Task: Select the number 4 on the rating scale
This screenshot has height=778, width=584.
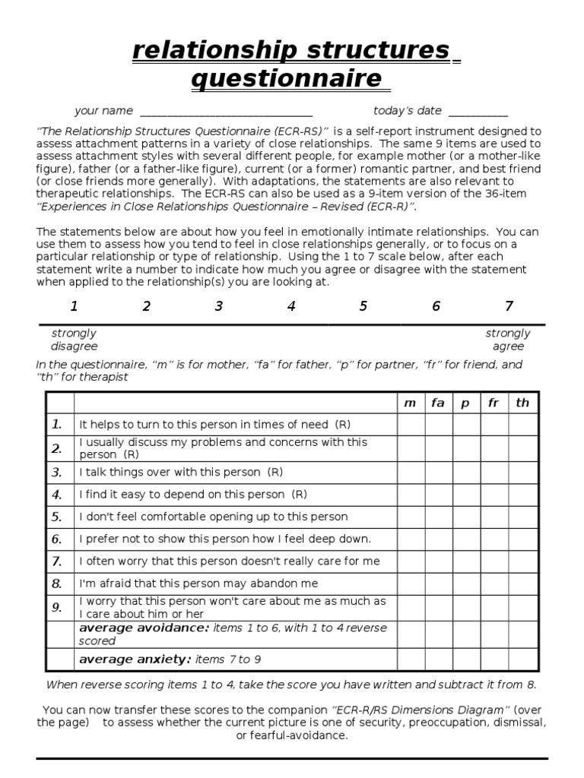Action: point(291,306)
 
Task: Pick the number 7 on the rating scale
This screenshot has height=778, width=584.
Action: point(509,306)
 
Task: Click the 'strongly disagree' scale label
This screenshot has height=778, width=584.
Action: point(74,340)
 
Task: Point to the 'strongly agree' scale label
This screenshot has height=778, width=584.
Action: point(508,340)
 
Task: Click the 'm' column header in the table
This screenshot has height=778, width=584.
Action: point(411,403)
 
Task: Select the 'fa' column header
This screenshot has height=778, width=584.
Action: point(438,403)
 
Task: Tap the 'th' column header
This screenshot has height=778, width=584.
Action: point(522,403)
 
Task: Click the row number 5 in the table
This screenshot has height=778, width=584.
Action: point(56,517)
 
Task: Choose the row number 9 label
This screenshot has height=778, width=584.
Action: point(56,606)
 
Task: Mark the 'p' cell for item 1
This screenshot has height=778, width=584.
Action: point(466,425)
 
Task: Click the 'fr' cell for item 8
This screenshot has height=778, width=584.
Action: point(494,583)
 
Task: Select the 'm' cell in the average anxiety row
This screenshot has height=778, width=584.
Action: point(411,659)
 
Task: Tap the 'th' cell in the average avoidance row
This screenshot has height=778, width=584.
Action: point(522,634)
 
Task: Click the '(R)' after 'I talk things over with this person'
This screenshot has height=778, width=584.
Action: point(275,472)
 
